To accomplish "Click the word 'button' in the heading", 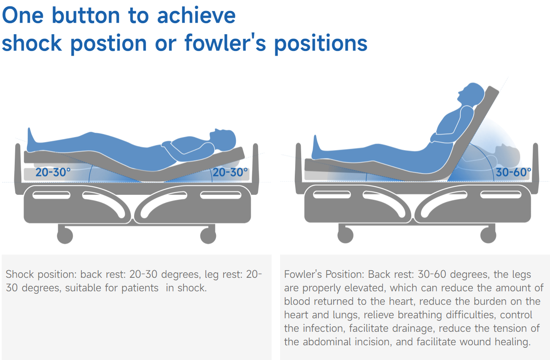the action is click(x=86, y=16).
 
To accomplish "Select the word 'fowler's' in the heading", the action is click(x=225, y=43).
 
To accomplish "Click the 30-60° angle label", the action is click(x=513, y=172).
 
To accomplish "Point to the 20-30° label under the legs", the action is click(x=53, y=172).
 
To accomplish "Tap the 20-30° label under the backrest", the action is click(x=230, y=172).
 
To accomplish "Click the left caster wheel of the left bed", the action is click(x=65, y=236).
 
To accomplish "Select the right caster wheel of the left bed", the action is click(x=208, y=236).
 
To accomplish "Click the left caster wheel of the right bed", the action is click(x=345, y=235).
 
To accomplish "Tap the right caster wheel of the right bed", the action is click(x=488, y=235).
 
